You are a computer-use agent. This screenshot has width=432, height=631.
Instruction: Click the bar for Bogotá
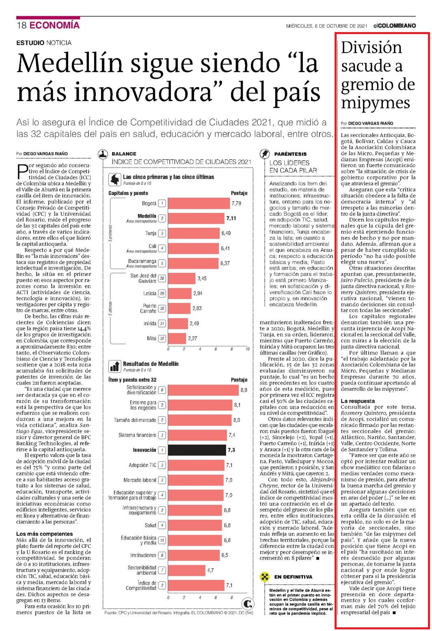coord(199,203)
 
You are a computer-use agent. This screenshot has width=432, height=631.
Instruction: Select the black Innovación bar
coord(197,450)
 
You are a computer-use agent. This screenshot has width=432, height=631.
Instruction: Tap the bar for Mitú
coord(177,338)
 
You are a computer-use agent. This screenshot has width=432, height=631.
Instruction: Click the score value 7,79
coord(236,203)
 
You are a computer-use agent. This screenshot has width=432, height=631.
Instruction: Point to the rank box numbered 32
coord(162,338)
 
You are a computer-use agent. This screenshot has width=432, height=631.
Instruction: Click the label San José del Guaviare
coord(143,278)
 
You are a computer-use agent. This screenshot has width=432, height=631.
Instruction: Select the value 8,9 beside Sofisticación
coord(244,390)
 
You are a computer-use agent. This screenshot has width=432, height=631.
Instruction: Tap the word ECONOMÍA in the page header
coord(54,25)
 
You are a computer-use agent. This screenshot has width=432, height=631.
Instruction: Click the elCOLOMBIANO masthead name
coord(395,26)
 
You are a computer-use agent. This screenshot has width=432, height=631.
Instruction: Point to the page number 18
coord(22,25)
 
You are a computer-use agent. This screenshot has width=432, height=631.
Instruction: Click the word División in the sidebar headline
coord(371,48)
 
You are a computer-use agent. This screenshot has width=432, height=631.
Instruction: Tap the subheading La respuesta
coord(358,401)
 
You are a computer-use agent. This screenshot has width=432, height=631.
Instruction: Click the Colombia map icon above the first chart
coord(114,179)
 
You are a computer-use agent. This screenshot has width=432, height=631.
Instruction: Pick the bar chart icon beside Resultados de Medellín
coord(114,366)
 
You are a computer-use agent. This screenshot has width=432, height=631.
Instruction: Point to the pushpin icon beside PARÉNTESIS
coord(264,154)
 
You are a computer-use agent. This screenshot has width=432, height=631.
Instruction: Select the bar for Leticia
coord(180,293)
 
